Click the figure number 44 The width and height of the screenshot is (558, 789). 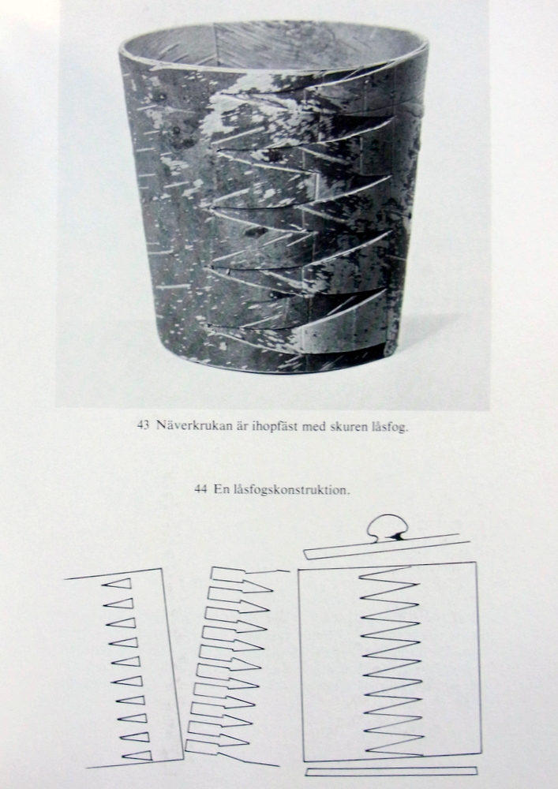(200, 489)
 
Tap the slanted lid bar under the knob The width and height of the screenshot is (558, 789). (387, 547)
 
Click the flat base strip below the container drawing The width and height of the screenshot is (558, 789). (391, 772)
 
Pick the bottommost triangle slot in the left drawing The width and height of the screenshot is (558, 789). (137, 755)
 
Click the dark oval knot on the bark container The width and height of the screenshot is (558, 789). (256, 231)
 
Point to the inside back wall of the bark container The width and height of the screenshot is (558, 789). (272, 48)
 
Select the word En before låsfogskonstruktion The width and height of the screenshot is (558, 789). (220, 489)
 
